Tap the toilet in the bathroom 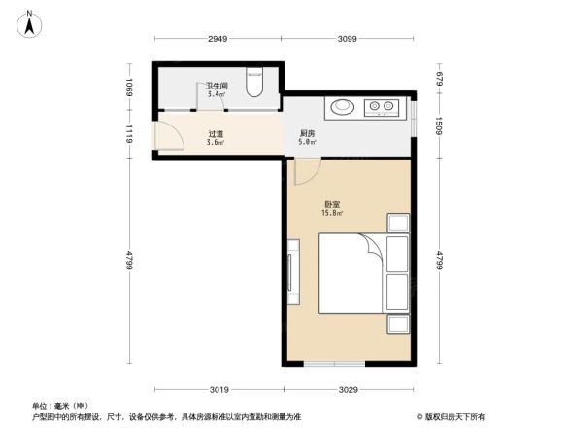(254, 85)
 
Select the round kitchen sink (343, 108)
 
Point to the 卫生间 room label (217, 86)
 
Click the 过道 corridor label (216, 134)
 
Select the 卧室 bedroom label (331, 205)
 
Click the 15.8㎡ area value (332, 215)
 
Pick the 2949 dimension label (217, 39)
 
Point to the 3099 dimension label (349, 39)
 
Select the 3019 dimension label (219, 390)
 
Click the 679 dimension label (439, 80)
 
